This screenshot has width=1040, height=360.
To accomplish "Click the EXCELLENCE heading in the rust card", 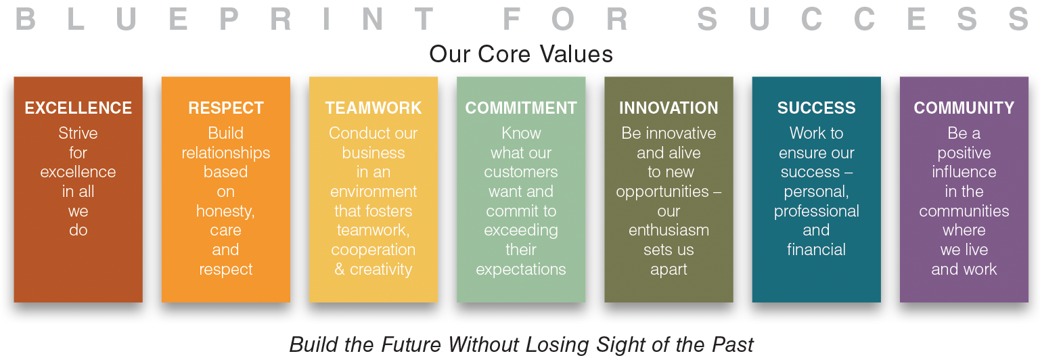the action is [78, 108].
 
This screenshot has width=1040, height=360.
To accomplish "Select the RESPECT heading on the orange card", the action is [225, 108].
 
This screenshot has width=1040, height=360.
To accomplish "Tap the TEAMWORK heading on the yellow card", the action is [374, 108].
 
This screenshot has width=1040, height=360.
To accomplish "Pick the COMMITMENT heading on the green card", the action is [521, 108].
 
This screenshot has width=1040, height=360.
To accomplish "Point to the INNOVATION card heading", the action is [669, 108].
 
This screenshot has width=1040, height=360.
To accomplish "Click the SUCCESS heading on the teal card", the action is [816, 108].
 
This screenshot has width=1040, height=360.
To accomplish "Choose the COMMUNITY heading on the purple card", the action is [964, 108].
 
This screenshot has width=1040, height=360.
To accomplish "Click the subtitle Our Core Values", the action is [521, 54].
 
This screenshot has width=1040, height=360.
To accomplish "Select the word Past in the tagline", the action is [733, 344].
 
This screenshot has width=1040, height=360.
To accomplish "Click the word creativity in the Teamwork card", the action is [381, 269].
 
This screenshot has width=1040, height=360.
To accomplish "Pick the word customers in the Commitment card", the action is [521, 173].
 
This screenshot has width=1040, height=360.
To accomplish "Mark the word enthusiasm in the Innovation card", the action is [669, 230].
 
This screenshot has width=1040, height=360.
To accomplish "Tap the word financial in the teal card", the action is [816, 250].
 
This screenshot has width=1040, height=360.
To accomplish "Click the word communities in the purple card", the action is [964, 211].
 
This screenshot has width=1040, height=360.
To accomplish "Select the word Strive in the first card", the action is [78, 133].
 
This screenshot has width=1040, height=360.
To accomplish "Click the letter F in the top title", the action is [511, 19].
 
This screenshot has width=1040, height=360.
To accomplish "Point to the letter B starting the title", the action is [25, 19].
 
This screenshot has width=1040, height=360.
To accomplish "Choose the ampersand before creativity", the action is [340, 269].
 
